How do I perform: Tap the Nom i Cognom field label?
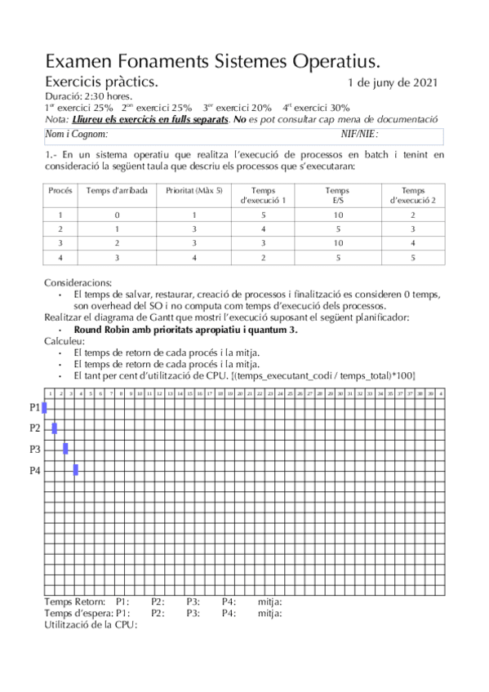pos(76,135)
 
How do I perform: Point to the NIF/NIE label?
pos(359,135)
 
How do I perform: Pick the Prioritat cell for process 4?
pos(193,258)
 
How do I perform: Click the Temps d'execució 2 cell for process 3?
pos(413,243)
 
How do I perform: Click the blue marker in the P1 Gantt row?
pos(44,406)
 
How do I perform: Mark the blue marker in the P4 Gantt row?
pos(76,469)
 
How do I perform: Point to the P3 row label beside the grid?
pos(35,449)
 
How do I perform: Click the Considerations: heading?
pos(78,282)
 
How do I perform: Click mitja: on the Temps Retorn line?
pos(270,602)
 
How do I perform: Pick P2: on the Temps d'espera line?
pos(158,614)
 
